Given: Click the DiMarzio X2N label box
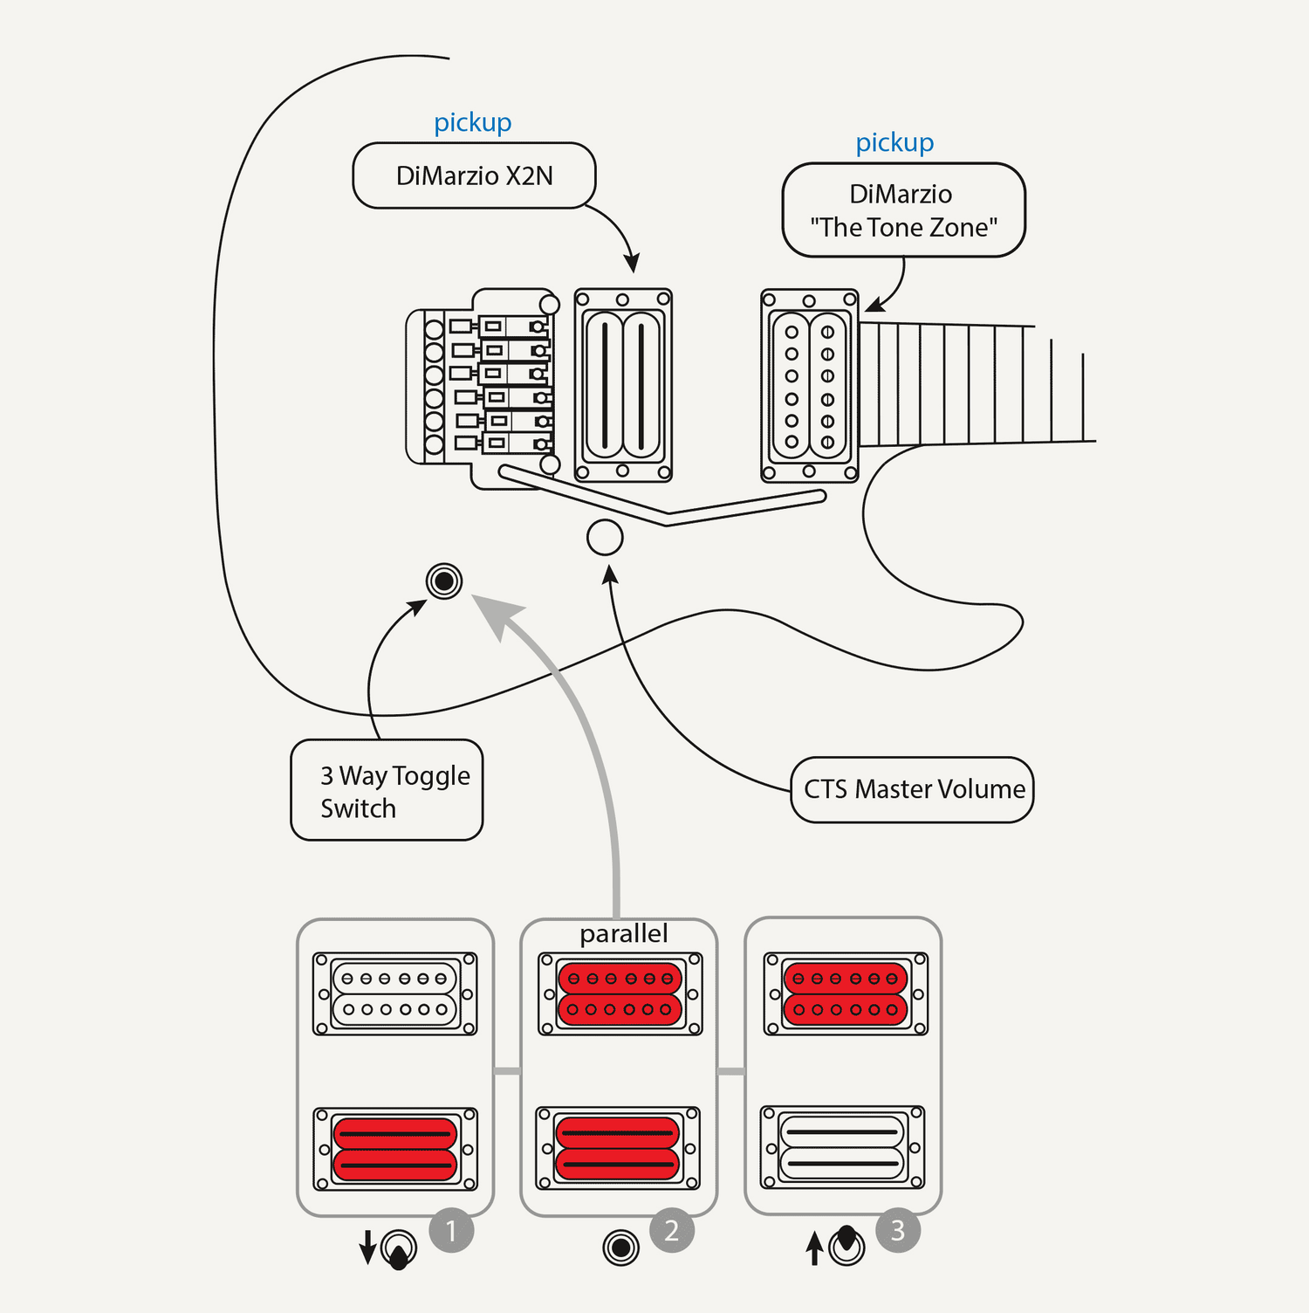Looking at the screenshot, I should [x=474, y=175].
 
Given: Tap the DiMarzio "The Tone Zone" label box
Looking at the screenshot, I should [x=903, y=210].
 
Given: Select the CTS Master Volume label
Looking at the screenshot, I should [x=913, y=789].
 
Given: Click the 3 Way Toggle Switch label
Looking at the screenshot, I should [x=387, y=791].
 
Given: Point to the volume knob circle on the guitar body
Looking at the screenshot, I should [x=605, y=538].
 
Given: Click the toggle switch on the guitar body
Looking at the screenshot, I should [x=444, y=581].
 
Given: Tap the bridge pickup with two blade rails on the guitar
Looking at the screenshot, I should [x=623, y=385].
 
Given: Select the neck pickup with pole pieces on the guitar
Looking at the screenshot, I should [x=810, y=386].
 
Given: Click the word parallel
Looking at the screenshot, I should [x=623, y=934].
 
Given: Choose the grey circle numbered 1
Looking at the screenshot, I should [x=451, y=1231].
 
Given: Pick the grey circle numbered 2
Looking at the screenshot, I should [x=672, y=1231].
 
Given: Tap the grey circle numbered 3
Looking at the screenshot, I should [x=898, y=1231].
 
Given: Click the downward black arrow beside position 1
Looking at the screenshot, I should [x=367, y=1247].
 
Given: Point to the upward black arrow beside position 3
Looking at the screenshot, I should [x=814, y=1248].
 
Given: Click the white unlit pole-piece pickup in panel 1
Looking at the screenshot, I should [x=395, y=993].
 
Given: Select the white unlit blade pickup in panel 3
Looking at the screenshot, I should [x=842, y=1147].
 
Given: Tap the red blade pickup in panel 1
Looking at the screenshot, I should [x=395, y=1149].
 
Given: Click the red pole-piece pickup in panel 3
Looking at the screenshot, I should [x=846, y=993].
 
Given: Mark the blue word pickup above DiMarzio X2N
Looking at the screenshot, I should [x=473, y=122].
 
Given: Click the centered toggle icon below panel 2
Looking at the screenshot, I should [x=621, y=1247].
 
